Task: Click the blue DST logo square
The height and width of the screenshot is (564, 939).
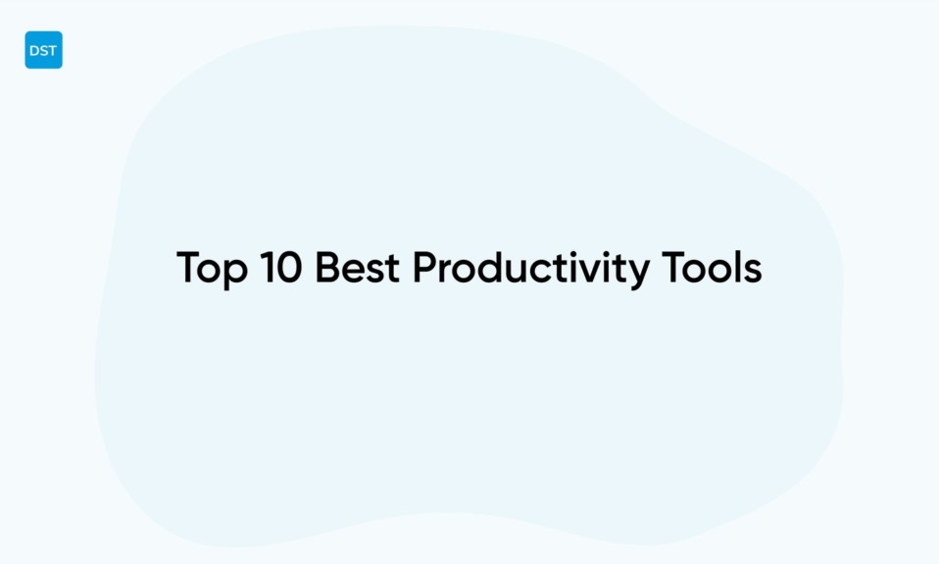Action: coord(43,50)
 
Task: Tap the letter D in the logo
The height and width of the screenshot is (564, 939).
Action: coord(34,51)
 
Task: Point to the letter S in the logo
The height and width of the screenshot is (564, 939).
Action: coord(43,51)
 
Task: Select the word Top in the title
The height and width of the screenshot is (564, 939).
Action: coord(212,269)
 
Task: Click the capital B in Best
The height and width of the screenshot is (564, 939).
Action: coord(328,267)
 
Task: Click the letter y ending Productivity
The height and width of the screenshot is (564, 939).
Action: coord(637,273)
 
